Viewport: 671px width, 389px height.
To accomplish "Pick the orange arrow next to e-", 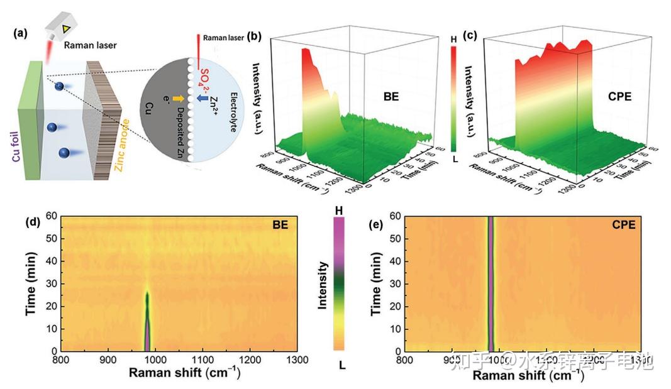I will (x=179, y=99).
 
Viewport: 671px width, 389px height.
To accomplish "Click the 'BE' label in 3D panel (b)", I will (x=393, y=98).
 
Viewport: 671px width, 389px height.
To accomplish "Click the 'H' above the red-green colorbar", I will (x=453, y=39).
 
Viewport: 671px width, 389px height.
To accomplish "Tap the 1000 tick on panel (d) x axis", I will (x=155, y=360).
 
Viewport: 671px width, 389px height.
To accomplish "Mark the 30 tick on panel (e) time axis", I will (x=396, y=283).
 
